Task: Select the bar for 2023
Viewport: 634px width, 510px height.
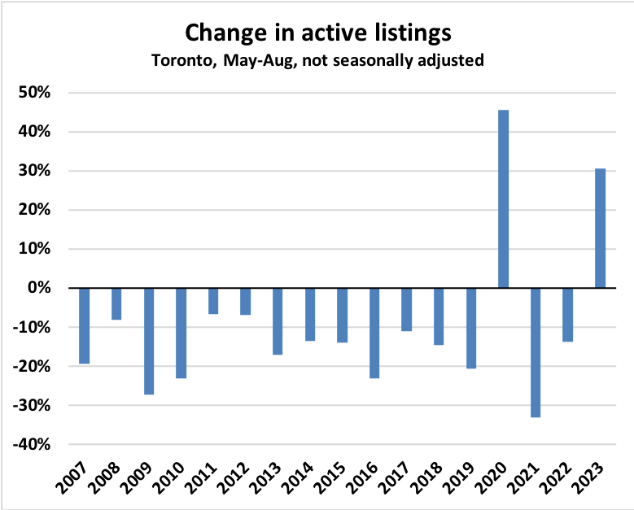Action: point(600,229)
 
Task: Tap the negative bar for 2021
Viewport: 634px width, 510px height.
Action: point(536,352)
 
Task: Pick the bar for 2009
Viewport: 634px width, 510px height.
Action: point(149,341)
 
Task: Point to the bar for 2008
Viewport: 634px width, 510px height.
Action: point(116,303)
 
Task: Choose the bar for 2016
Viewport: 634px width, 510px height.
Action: point(374,333)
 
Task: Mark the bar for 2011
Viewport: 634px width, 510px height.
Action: point(213,301)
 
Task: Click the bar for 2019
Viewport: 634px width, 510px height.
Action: point(471,328)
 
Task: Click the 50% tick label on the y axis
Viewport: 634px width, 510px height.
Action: point(35,93)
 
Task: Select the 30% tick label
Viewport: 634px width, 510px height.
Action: point(35,171)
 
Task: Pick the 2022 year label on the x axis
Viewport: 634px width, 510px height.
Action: point(557,482)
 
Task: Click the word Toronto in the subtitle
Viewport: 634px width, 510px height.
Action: point(179,60)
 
